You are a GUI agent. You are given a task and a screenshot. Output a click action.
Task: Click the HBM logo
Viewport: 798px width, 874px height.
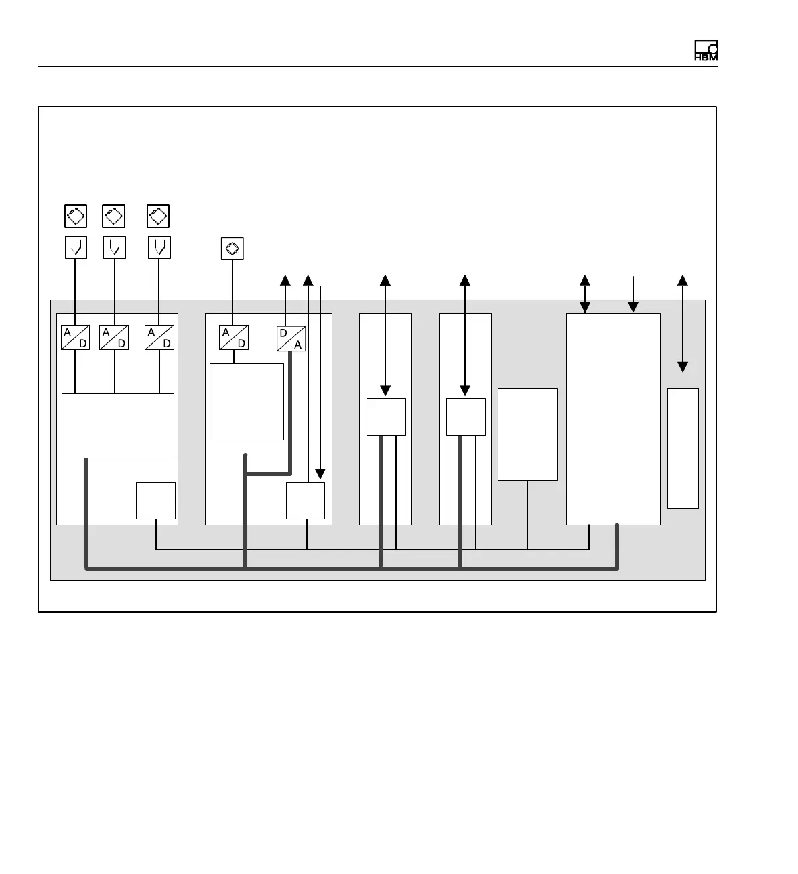(706, 51)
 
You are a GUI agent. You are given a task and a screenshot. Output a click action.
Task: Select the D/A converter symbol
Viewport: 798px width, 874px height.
(291, 338)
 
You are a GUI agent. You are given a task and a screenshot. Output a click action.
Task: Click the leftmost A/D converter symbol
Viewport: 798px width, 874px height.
(75, 337)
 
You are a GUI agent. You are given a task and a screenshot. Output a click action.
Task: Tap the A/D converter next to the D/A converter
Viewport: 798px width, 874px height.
(233, 337)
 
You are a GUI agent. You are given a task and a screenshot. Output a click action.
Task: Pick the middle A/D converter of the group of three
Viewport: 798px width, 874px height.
(114, 337)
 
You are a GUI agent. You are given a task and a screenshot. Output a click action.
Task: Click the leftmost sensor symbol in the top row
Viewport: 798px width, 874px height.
(75, 216)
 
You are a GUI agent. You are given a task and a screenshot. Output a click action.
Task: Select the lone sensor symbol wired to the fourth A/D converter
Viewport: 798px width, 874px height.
(232, 249)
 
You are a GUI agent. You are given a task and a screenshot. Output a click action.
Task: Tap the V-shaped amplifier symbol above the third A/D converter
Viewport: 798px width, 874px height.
(159, 247)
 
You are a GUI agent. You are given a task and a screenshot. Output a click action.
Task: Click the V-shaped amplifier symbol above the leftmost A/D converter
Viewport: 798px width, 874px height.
(76, 247)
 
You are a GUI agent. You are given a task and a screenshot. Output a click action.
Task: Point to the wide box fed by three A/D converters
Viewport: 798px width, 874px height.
(117, 426)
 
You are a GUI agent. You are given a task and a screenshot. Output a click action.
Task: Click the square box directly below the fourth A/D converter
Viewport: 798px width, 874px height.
(247, 401)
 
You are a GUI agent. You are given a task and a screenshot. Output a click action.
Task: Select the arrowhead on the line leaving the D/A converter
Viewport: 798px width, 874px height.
(285, 279)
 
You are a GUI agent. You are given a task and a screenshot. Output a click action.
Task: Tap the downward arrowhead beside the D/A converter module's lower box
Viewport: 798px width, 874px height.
(320, 473)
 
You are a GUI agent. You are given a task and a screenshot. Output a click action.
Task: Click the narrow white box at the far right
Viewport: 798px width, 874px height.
(683, 448)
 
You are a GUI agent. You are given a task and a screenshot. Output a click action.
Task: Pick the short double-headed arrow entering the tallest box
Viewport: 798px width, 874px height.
(585, 294)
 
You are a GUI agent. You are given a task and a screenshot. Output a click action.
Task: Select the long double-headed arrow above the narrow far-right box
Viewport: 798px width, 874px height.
(682, 323)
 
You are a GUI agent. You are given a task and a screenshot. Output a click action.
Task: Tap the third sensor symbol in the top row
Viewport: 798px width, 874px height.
(158, 216)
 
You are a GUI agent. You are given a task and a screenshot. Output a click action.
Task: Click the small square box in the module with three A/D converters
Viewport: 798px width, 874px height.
(155, 500)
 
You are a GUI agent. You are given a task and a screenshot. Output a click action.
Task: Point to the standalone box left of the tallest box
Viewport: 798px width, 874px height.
(527, 434)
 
